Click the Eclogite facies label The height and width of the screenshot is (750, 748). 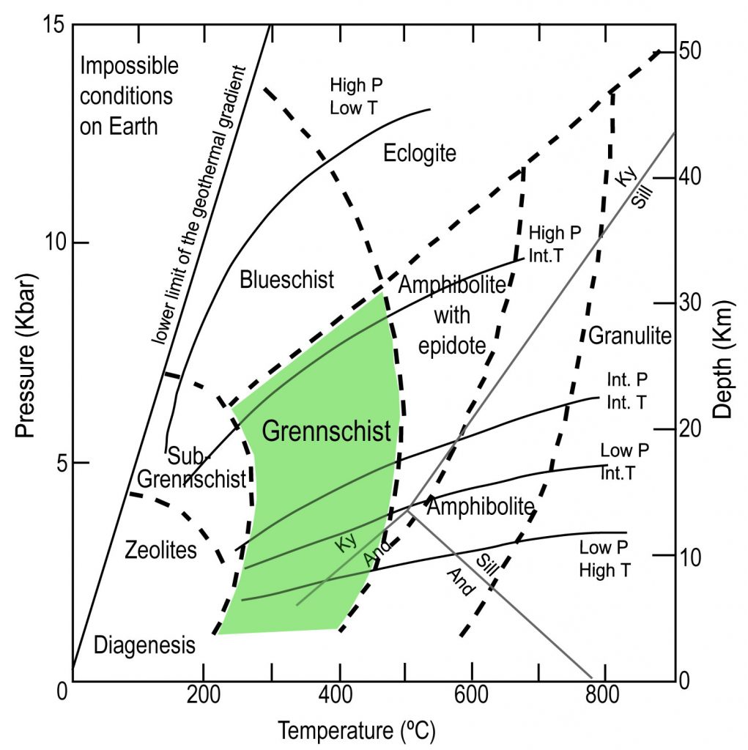click(x=420, y=154)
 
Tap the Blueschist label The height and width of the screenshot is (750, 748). click(x=286, y=279)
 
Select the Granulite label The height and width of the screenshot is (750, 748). click(x=630, y=335)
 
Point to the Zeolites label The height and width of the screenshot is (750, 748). click(x=160, y=550)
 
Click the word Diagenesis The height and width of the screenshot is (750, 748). click(x=144, y=645)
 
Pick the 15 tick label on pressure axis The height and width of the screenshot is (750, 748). click(x=53, y=24)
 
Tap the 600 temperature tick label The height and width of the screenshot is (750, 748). click(x=471, y=694)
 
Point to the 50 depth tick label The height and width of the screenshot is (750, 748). click(x=690, y=51)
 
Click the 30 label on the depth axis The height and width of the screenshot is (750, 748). click(x=690, y=302)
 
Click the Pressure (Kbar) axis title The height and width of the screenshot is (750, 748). click(x=26, y=355)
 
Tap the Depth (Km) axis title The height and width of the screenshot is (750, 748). click(x=723, y=360)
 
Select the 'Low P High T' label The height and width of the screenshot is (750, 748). click(x=605, y=559)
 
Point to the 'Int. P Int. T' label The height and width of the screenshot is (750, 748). click(x=627, y=391)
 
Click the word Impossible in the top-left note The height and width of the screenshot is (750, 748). click(x=129, y=66)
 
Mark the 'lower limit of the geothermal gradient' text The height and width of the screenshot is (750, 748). click(x=199, y=205)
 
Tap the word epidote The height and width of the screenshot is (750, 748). click(x=452, y=346)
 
